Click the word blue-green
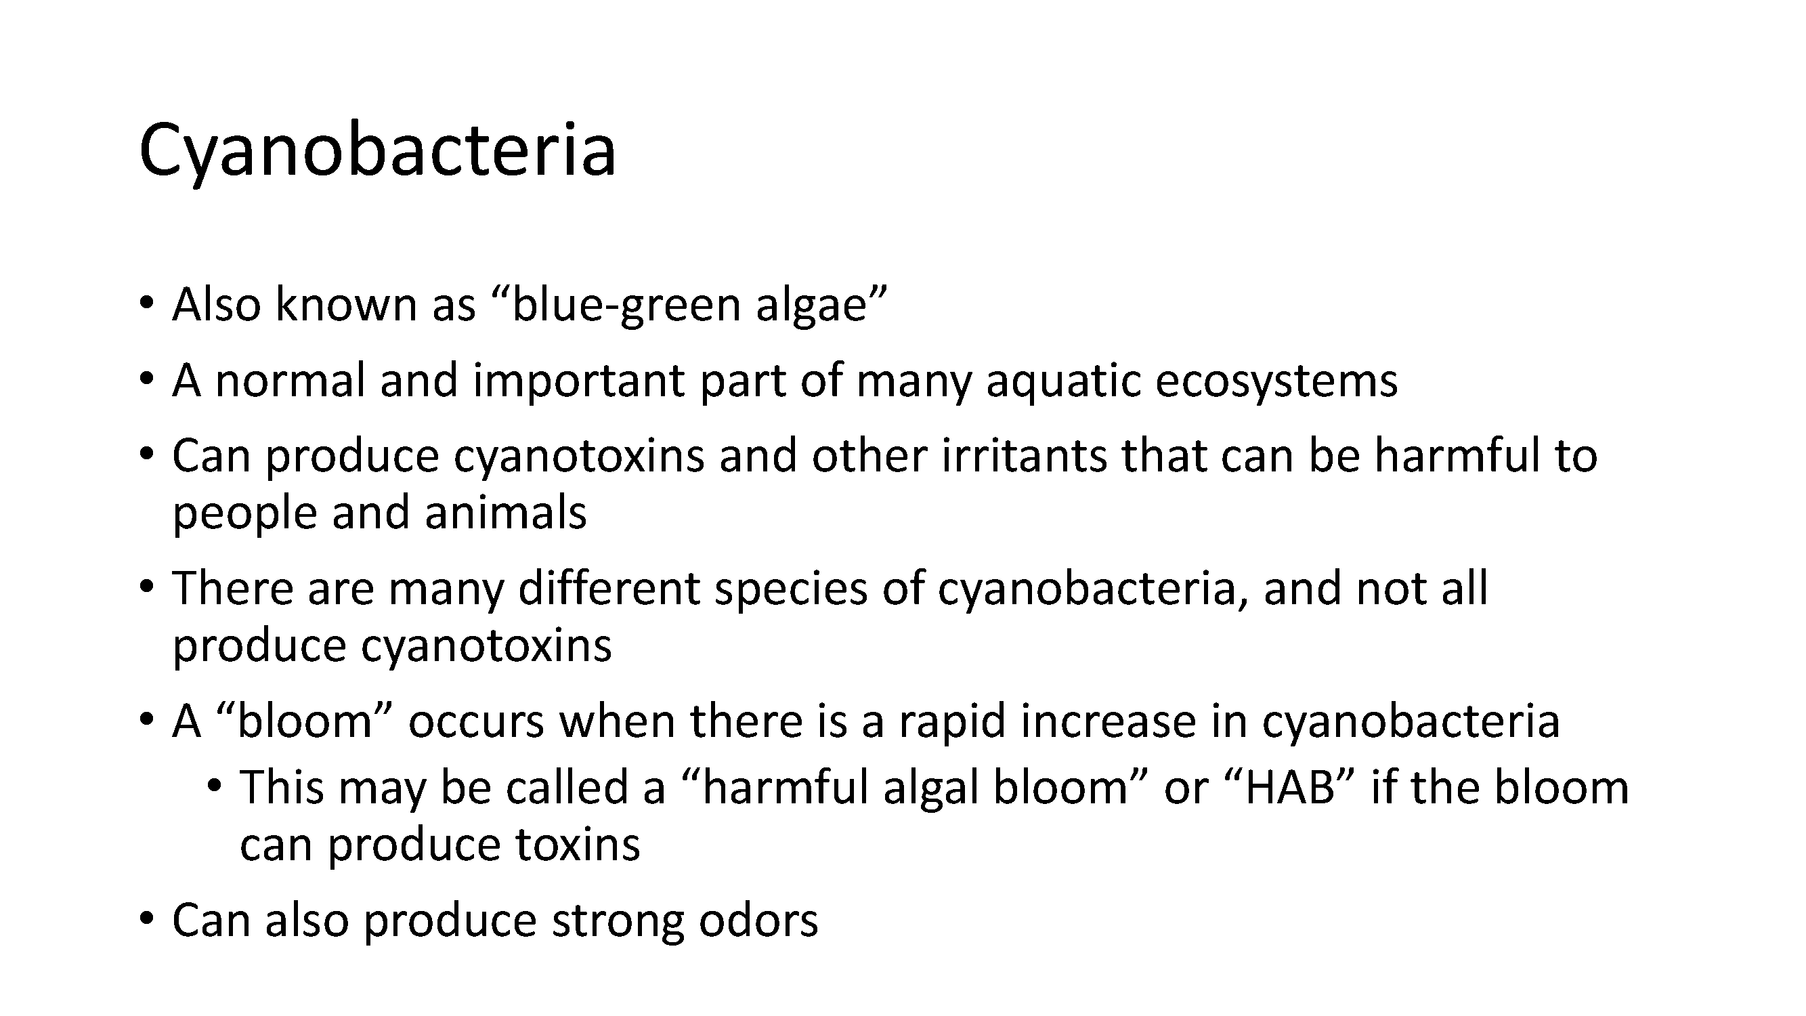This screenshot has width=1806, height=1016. click(627, 305)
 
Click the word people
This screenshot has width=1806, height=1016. click(244, 515)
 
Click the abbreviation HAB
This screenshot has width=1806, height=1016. click(1289, 788)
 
